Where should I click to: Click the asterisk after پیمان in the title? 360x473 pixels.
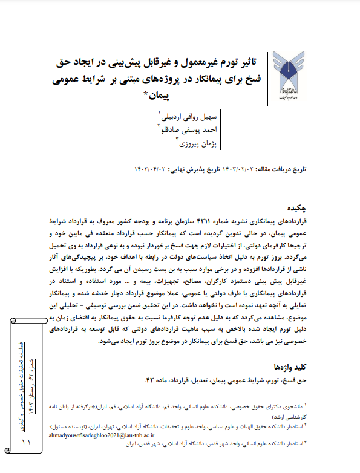tap(146, 95)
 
